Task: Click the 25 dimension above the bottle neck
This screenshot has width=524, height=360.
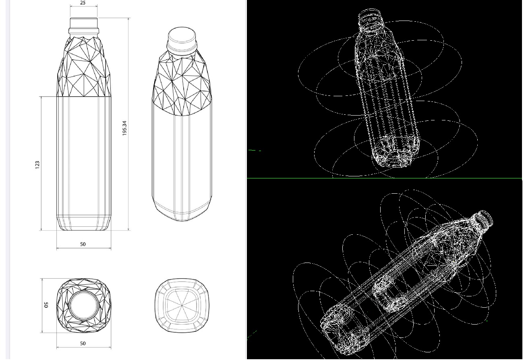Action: [83, 3]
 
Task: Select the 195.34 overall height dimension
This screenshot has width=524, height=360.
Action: [124, 128]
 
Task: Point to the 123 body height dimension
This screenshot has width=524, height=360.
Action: [37, 164]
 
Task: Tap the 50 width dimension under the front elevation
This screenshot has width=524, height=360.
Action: [83, 244]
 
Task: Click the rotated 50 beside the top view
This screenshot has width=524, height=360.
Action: [46, 305]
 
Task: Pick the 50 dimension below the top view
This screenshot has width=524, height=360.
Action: [83, 343]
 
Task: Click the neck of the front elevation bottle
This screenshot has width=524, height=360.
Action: [83, 25]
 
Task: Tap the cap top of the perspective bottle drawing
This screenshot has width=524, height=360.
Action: [182, 35]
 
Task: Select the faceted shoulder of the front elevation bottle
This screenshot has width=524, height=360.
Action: [83, 68]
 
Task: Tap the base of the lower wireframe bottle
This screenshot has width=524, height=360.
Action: [342, 328]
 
